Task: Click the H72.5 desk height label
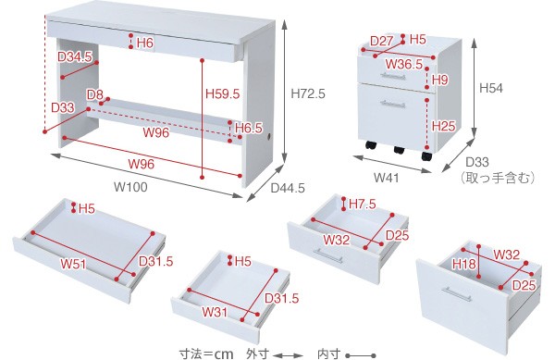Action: (308, 93)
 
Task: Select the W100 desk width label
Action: (130, 187)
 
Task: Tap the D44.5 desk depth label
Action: (288, 188)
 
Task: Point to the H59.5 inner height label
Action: (223, 93)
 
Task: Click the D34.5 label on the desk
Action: (75, 56)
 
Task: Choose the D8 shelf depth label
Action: (95, 94)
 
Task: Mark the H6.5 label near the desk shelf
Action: (249, 128)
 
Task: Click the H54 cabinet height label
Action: (491, 88)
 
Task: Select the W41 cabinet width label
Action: (386, 177)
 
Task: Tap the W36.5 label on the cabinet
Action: (404, 64)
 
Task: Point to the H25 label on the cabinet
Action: (443, 126)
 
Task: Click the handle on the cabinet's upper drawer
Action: (393, 76)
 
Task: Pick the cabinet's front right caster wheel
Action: (426, 155)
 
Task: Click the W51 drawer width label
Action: (73, 264)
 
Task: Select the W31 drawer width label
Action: (215, 312)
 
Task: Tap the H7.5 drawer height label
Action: (362, 204)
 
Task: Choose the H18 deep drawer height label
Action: (463, 264)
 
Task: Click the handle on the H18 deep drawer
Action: (457, 293)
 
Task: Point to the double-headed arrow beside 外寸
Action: (288, 354)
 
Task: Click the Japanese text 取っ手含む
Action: (497, 177)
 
